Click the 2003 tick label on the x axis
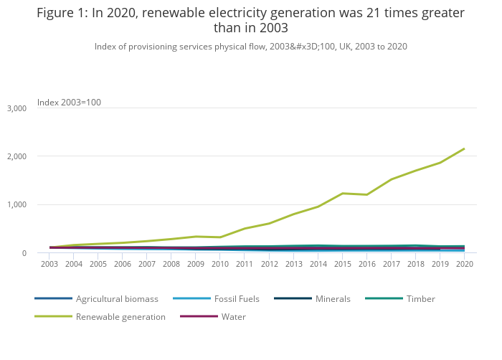[x=49, y=264]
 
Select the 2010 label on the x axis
[x=220, y=264]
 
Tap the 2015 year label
[x=342, y=264]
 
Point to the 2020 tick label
[x=464, y=264]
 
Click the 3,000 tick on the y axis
[x=16, y=108]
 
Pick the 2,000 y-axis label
[x=16, y=156]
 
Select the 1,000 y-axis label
[x=16, y=204]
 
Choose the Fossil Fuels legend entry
[x=237, y=298]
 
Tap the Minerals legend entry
[x=333, y=298]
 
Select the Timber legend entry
[x=420, y=298]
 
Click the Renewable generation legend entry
[x=120, y=316]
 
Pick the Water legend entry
[x=234, y=316]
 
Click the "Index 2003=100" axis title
[x=69, y=103]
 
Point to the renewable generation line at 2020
[x=464, y=148]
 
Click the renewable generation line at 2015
[x=342, y=193]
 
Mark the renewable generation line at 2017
[x=391, y=179]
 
